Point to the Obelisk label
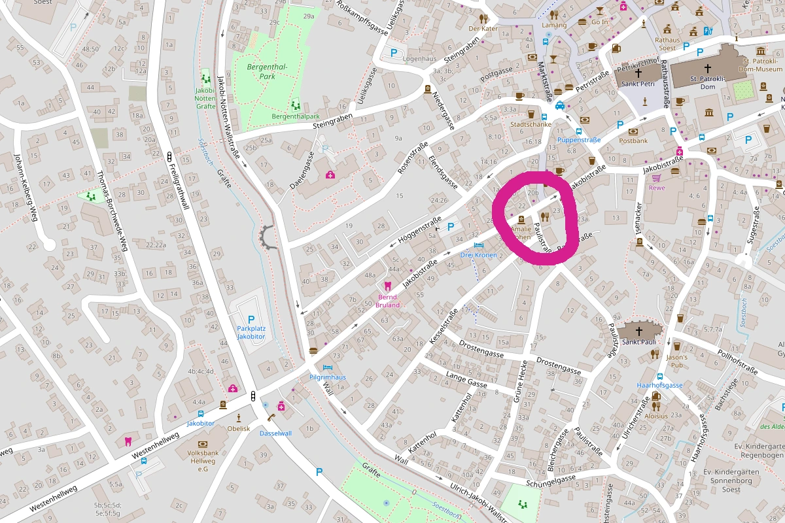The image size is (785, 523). [x=239, y=428]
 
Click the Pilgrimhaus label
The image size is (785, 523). [x=327, y=377]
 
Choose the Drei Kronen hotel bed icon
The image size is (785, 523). [x=478, y=245]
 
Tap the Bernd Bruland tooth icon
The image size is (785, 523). [x=387, y=286]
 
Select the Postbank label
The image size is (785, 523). [x=633, y=141]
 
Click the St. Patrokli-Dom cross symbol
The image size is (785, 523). [x=707, y=68]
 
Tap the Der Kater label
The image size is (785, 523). [x=483, y=28]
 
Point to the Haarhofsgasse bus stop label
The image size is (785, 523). [x=659, y=386]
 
